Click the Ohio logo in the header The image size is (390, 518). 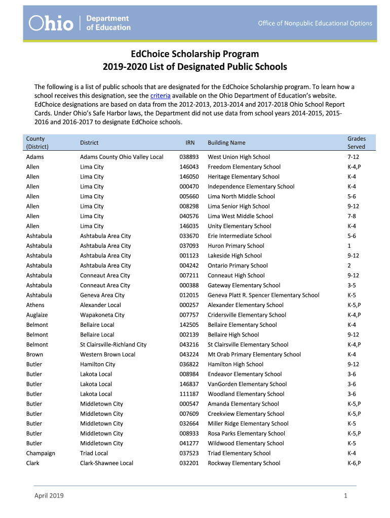click(51, 23)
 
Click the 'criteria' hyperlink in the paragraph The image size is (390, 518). click(160, 95)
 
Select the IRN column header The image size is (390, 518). click(189, 143)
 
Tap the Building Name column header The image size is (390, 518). click(226, 143)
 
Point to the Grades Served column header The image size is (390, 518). click(356, 143)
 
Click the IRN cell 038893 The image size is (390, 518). click(189, 157)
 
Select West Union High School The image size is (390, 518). click(239, 157)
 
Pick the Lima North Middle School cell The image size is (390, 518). click(241, 196)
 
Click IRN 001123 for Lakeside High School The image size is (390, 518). click(189, 255)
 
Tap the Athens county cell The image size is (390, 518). click(35, 305)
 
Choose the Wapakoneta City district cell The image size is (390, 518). click(102, 315)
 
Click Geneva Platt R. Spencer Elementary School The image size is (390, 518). click(263, 295)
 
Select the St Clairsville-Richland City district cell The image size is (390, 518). click(113, 344)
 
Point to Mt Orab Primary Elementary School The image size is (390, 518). click(254, 354)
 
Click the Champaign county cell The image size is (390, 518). click(41, 453)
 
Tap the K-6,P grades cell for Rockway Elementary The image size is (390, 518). click(354, 463)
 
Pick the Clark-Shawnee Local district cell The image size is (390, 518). click(106, 463)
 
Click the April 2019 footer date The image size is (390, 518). click(49, 496)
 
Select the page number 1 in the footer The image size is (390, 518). click(345, 496)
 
